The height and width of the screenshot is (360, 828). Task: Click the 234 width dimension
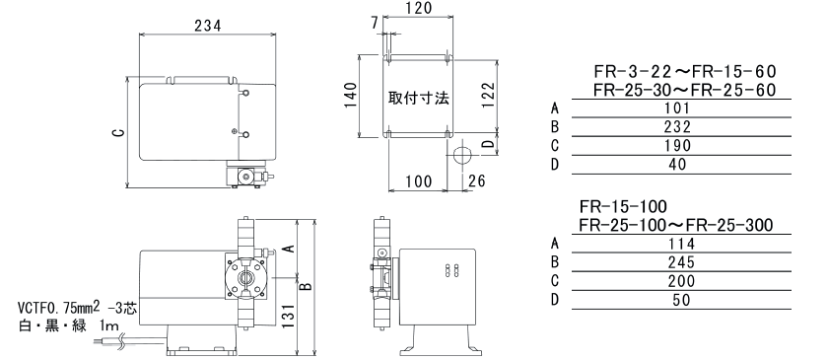click(x=208, y=26)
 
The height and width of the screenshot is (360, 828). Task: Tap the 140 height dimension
click(x=351, y=95)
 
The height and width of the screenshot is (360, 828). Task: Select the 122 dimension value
click(x=489, y=95)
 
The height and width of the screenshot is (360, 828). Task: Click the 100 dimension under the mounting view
click(x=419, y=181)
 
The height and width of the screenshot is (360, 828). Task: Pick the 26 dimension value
click(x=476, y=180)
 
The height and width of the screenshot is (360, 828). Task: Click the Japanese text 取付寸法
click(x=419, y=98)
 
